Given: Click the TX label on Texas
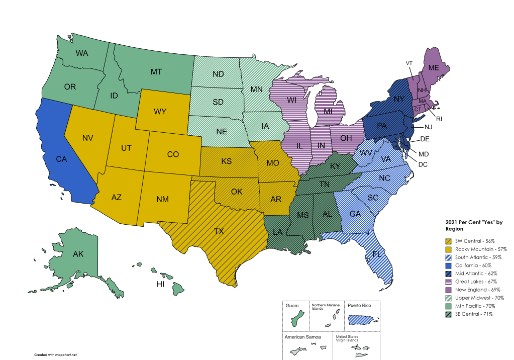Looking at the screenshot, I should click(219, 231).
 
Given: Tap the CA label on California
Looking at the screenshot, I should click(61, 159).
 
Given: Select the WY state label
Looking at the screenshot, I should click(160, 111).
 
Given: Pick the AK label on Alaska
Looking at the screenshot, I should click(78, 254).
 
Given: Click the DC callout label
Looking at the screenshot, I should click(423, 164).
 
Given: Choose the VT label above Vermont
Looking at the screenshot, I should click(409, 63).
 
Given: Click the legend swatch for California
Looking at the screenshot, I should click(448, 265).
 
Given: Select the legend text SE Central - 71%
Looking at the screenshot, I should click(474, 314).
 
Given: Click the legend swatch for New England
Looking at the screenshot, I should click(448, 290).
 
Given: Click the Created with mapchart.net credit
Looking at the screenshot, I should click(55, 354).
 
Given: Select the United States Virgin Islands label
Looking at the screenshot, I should click(347, 338).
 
